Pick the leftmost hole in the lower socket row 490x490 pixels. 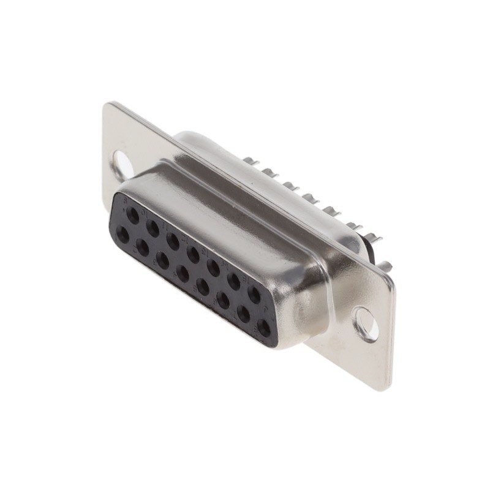[123, 235]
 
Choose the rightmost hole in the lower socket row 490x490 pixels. [264, 328]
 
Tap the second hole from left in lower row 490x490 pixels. [143, 247]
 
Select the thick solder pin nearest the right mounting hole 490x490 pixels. [385, 266]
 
